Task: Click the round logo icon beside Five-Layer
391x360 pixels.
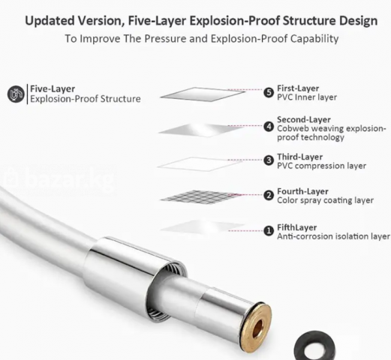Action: tap(16, 94)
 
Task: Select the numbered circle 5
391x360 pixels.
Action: tap(269, 93)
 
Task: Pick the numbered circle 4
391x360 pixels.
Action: tap(269, 127)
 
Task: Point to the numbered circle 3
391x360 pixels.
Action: tap(269, 160)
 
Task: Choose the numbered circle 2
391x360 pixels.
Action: tap(269, 195)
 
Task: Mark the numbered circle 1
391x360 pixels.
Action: tap(269, 231)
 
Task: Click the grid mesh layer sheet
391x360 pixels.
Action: tap(200, 196)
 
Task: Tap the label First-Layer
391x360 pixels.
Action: tap(298, 88)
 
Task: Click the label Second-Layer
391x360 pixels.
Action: tap(304, 119)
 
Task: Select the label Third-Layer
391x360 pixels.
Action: tap(299, 157)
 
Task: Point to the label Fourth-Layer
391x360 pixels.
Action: tap(302, 191)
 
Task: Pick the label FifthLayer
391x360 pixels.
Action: tap(297, 227)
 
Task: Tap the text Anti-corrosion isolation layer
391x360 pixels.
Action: tap(333, 236)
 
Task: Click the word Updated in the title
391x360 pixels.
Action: tap(50, 21)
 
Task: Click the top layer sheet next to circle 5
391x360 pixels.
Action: tap(203, 94)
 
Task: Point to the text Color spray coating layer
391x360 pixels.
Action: tap(325, 200)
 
